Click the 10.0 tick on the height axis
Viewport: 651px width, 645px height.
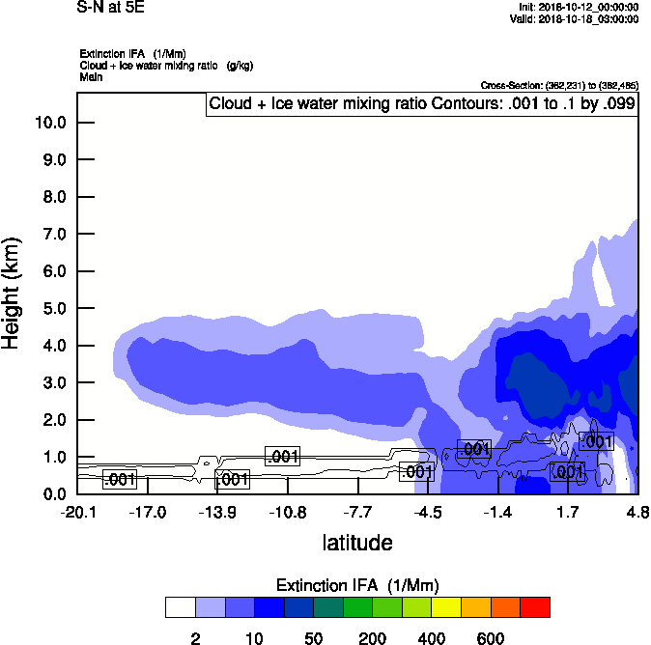49,123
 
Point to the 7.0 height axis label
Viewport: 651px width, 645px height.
49,235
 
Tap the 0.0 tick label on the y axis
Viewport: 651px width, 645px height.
49,493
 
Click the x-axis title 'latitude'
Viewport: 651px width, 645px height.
357,543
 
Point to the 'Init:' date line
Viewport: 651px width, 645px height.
578,7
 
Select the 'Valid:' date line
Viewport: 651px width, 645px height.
578,18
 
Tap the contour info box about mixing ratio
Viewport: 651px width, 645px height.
422,104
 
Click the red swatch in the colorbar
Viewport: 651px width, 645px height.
535,607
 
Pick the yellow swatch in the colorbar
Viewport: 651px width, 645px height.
448,607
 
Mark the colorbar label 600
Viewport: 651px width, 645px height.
491,638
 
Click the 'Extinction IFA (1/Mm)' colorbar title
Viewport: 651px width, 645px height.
357,586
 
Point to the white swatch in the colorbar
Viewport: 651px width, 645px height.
181,607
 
